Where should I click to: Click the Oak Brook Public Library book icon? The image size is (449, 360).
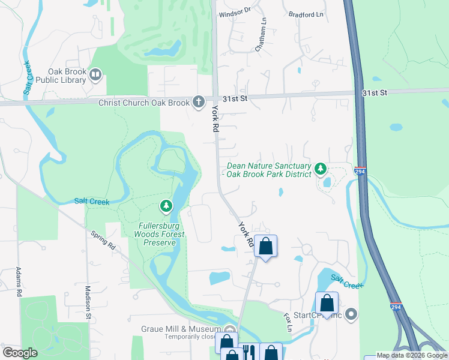point(95,75)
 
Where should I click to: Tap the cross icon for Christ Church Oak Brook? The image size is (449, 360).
point(199,103)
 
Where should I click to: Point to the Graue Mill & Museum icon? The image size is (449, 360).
point(229,329)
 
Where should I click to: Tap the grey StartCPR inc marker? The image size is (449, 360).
point(351,314)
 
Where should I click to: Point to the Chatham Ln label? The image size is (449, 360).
point(262,35)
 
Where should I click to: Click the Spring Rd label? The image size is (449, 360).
point(103,241)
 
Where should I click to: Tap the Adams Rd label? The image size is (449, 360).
point(19,281)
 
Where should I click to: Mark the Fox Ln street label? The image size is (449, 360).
point(289,321)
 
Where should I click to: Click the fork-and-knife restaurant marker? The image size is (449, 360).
point(249,353)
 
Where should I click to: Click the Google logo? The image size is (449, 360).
point(20,352)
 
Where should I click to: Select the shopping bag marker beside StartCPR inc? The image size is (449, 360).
point(327,303)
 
